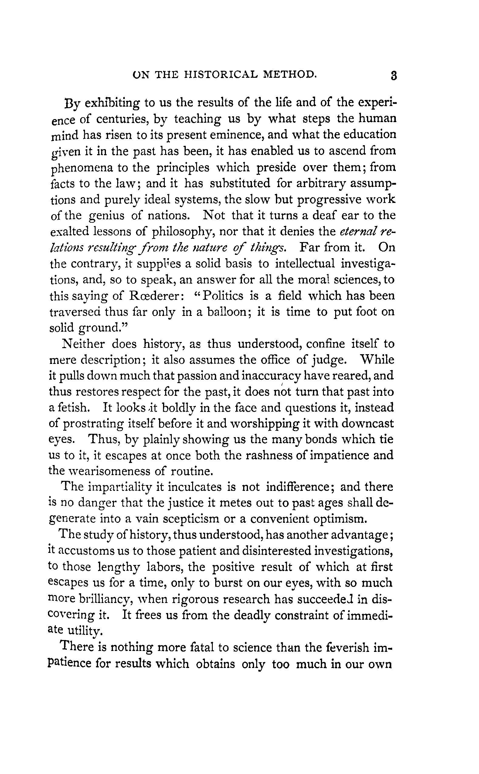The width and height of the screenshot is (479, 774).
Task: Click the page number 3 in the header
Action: [393, 76]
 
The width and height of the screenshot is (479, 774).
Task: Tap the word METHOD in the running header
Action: [290, 74]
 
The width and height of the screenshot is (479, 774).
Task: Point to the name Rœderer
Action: [155, 296]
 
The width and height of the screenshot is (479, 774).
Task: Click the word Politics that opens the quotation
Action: [223, 296]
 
